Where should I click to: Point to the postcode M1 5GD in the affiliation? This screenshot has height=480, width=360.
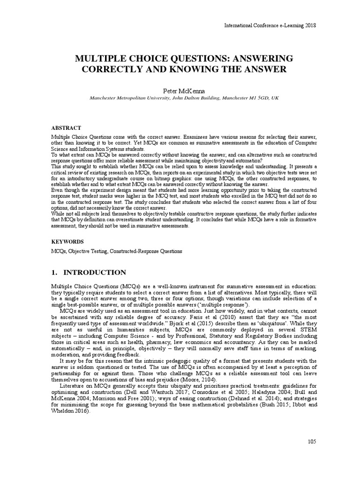coord(254,99)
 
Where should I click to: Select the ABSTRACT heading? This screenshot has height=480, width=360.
coord(66,127)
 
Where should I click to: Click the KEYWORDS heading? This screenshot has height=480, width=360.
coord(67,241)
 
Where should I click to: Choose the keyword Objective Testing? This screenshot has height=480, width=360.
coord(88,251)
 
